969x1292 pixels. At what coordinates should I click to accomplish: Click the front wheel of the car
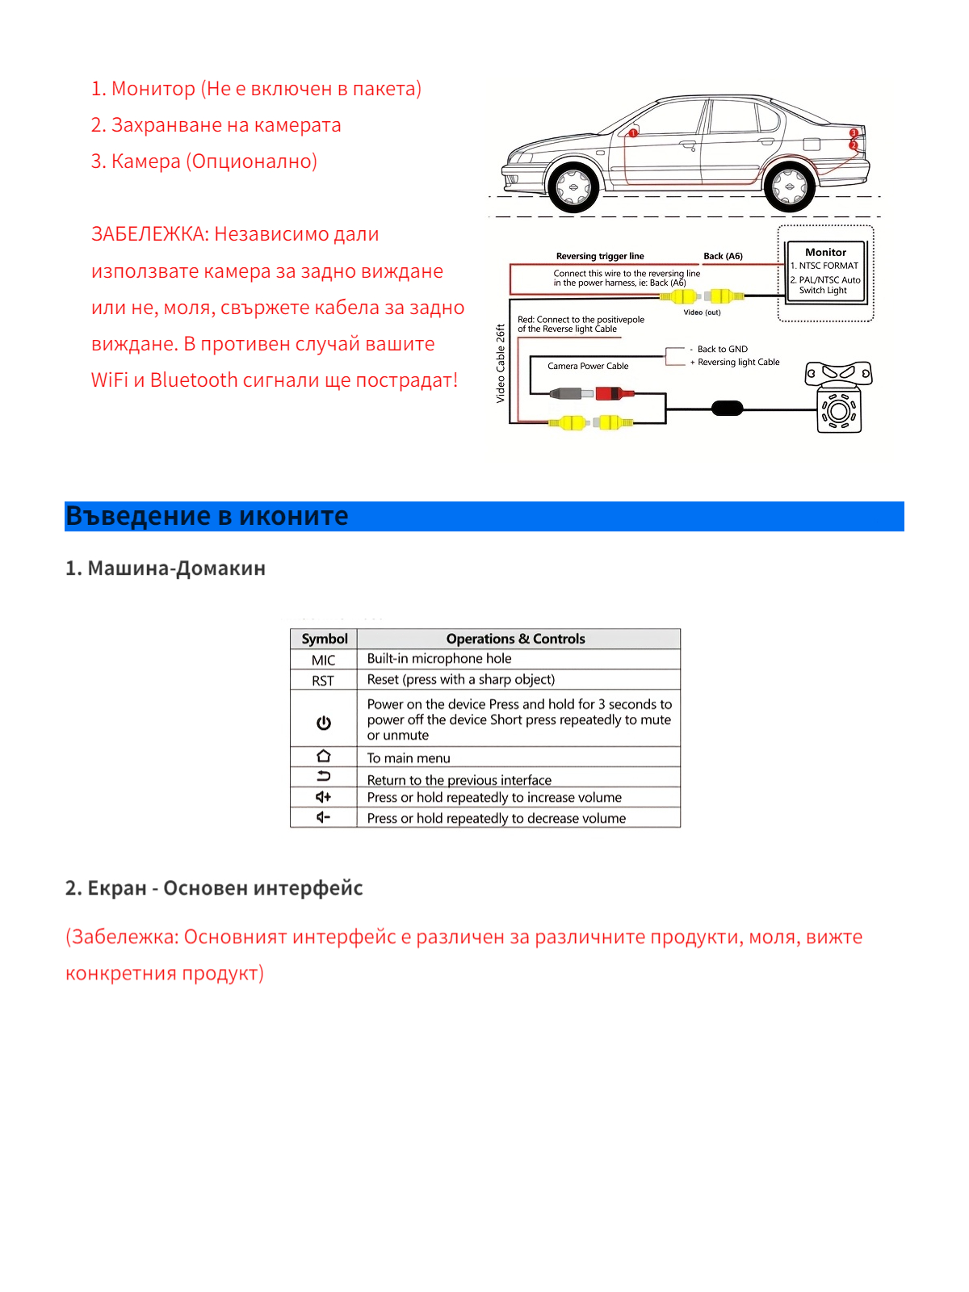(573, 187)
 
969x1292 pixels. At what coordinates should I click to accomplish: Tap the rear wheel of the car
(789, 187)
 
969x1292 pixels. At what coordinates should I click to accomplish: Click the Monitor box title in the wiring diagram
(825, 252)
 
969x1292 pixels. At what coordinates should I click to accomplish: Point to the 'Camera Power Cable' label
(588, 366)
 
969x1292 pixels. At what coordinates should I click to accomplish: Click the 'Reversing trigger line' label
(600, 256)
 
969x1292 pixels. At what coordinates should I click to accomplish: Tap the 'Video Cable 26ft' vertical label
(501, 363)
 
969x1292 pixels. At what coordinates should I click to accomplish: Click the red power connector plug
(614, 393)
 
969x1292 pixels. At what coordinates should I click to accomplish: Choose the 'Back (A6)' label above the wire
(723, 256)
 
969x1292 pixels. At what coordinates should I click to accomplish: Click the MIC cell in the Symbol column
(324, 660)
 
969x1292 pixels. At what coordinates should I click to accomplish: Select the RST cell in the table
(323, 681)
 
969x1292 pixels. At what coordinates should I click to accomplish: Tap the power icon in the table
(324, 723)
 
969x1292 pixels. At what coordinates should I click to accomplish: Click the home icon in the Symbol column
(324, 757)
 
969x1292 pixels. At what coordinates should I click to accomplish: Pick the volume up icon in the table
(324, 797)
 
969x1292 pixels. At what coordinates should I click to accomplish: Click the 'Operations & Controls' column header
(515, 639)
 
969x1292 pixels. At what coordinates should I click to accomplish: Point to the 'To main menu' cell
(409, 758)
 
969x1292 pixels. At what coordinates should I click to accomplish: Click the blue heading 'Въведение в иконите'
(207, 516)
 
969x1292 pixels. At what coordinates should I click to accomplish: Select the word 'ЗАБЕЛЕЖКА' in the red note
(150, 234)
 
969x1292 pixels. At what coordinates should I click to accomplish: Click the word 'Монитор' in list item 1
(153, 89)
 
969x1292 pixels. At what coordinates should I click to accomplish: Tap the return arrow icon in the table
(324, 777)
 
